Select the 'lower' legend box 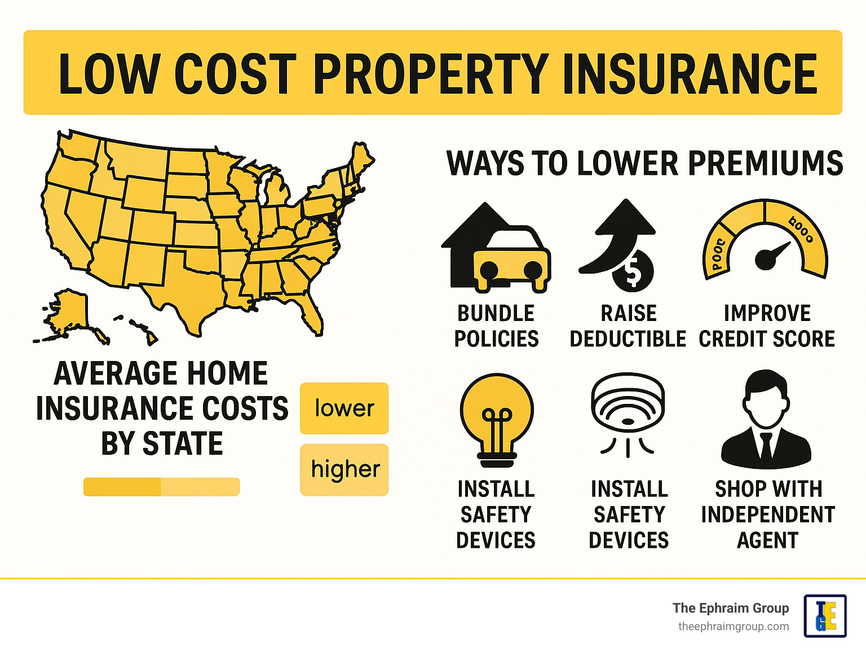coord(344,408)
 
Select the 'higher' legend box coord(344,469)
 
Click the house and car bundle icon coord(496,248)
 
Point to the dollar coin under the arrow coord(633,271)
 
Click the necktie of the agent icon coord(766,446)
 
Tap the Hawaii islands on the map coord(141,330)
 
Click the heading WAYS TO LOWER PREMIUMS coord(644,164)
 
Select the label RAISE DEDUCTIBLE coord(628,326)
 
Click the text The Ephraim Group coord(730,608)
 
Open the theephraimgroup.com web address coord(733,626)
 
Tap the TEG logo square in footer coord(825,616)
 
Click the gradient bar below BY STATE coord(161,486)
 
